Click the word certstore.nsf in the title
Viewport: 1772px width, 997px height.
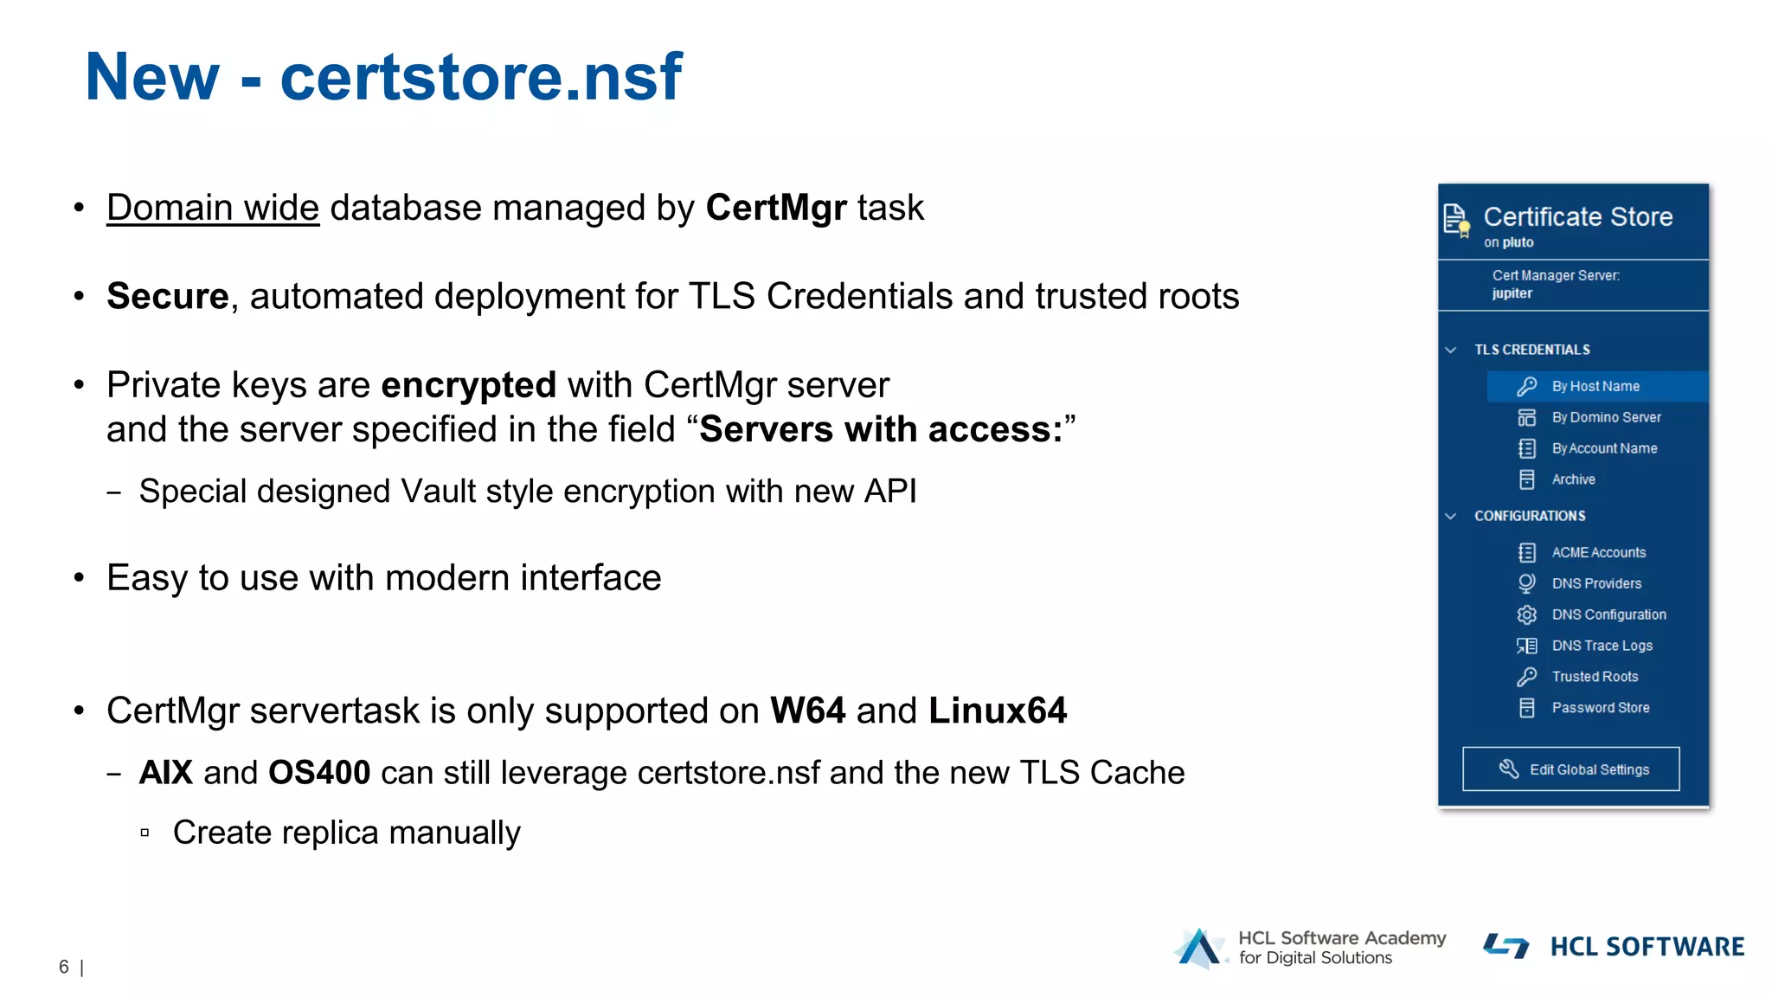tap(481, 78)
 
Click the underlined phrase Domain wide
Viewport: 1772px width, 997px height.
tap(213, 208)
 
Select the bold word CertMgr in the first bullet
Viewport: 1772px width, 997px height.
tap(776, 208)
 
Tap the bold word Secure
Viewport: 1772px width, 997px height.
tap(167, 296)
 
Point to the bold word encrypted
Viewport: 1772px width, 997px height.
tap(468, 385)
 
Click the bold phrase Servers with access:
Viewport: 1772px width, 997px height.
tap(881, 429)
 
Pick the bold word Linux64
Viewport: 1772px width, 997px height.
tap(998, 711)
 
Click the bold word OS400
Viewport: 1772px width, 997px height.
tap(319, 773)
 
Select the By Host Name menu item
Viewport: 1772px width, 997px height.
tap(1595, 386)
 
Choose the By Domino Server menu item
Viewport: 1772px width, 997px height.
tap(1605, 417)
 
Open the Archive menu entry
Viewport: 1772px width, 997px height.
tap(1573, 479)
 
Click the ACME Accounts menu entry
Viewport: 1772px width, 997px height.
tap(1598, 552)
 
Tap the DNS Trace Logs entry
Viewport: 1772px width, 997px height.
tap(1602, 646)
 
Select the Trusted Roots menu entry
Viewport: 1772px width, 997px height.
tap(1595, 677)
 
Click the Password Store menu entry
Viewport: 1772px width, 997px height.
tap(1600, 708)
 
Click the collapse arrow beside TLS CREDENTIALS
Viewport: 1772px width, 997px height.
tap(1451, 350)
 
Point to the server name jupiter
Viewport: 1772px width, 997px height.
tap(1512, 293)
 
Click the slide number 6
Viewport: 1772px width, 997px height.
tap(63, 967)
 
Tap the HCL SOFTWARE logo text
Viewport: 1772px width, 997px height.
tap(1647, 947)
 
